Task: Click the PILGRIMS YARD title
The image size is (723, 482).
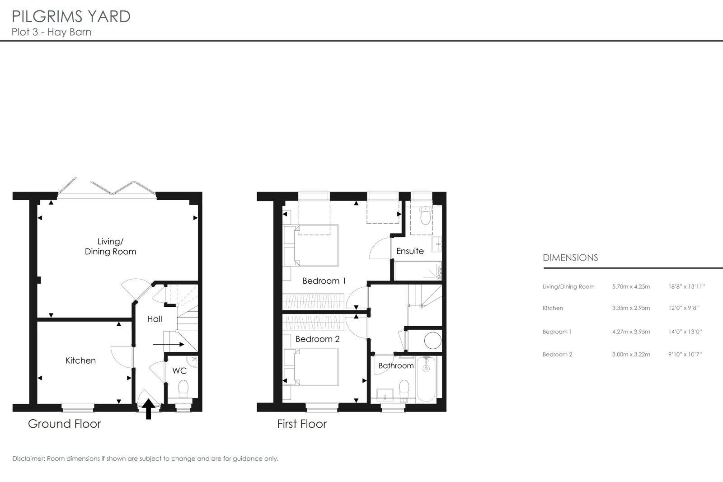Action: [71, 16]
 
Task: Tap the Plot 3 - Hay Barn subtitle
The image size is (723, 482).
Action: [52, 32]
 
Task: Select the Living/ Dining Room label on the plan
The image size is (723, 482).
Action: [110, 247]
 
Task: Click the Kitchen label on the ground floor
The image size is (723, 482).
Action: [81, 360]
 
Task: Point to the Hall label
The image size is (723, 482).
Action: [155, 319]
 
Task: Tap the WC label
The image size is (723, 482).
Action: [179, 371]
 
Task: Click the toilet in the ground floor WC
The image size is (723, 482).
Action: [183, 389]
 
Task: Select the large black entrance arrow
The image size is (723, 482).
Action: [149, 409]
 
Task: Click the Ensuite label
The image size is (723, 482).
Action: [410, 251]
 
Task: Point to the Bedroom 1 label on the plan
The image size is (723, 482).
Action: [324, 281]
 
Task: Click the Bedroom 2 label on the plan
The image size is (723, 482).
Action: [318, 339]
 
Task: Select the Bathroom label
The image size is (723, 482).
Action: [396, 365]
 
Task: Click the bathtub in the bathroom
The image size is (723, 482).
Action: [426, 379]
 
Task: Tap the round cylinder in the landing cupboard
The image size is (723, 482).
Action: [433, 341]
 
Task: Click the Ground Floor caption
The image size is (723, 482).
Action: [65, 424]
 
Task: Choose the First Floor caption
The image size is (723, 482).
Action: [302, 424]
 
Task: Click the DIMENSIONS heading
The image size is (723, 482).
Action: [570, 258]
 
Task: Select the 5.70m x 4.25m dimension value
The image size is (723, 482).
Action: [631, 286]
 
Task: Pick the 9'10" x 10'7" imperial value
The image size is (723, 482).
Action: [685, 354]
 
